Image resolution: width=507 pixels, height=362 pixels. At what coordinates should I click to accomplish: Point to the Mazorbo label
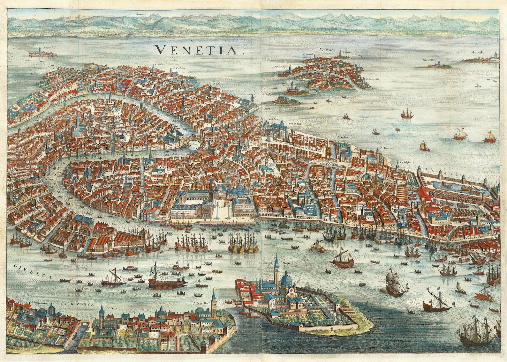480,53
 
